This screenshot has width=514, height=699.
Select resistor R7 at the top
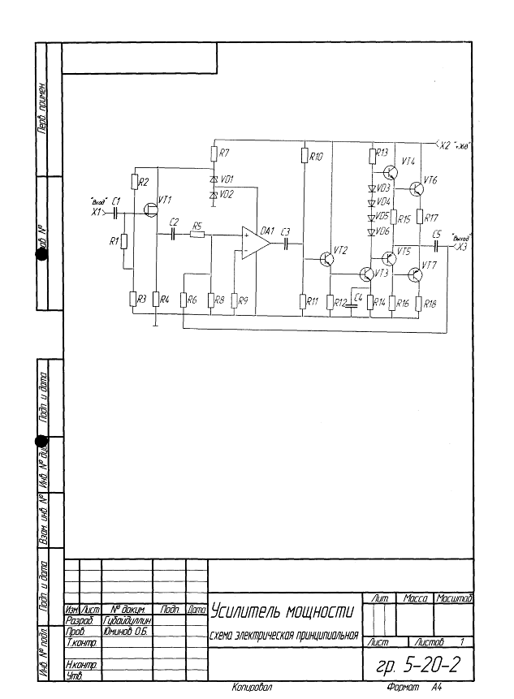(214, 153)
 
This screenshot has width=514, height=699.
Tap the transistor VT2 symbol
(326, 259)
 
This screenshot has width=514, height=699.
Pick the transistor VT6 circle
(417, 189)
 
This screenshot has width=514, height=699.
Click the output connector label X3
(462, 247)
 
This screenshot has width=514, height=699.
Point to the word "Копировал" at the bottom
(252, 688)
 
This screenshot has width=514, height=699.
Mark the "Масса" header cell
(416, 598)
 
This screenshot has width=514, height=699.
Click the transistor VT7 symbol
(416, 273)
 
